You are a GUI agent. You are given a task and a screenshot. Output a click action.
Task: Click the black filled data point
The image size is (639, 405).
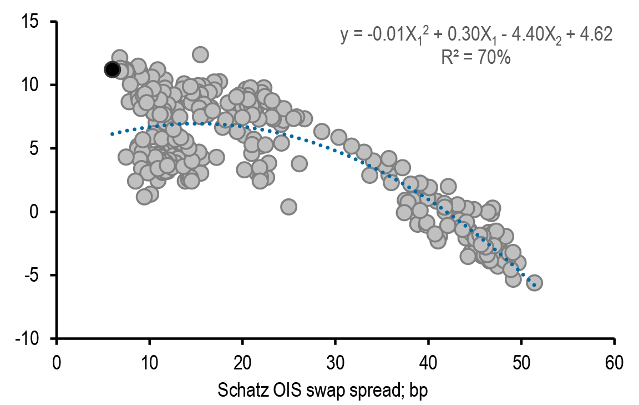point(112,69)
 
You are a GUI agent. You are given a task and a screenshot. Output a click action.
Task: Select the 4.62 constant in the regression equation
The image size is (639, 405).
point(597,34)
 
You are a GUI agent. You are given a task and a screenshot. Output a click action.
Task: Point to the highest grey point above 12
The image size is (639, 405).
point(200,54)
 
